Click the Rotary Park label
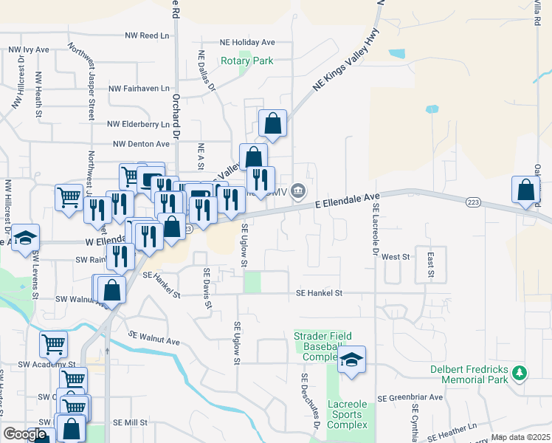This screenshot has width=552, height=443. [246, 61]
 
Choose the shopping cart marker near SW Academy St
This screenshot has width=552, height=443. [53, 343]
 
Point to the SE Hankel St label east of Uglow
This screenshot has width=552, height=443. [319, 293]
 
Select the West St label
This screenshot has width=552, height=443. [396, 257]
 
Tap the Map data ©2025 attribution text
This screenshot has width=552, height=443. [520, 437]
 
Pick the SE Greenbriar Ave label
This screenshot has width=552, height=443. [410, 397]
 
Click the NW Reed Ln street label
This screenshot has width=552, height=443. [147, 35]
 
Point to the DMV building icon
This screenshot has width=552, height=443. [298, 191]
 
